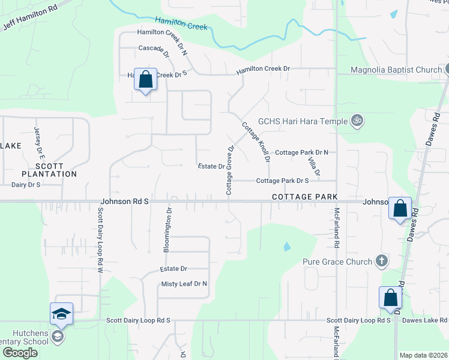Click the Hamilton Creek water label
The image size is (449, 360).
pos(181,23)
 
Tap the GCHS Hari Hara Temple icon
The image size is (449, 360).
pos(357,121)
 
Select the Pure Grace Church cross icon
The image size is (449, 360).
pos(380,261)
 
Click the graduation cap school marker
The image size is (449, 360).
pos(61,314)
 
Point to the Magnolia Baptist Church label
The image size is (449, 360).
pos(396,70)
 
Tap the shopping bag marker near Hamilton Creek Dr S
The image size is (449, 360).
pos(145,79)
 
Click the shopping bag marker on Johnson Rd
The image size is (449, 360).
pos(400,209)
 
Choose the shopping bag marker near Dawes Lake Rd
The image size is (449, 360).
pos(390,298)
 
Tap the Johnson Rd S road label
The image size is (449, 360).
pos(124,202)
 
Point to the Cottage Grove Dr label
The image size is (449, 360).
pos(229,170)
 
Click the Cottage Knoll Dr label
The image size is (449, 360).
pos(255,142)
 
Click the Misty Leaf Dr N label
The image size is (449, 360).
pos(184,284)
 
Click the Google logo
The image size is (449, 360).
pos(20,353)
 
